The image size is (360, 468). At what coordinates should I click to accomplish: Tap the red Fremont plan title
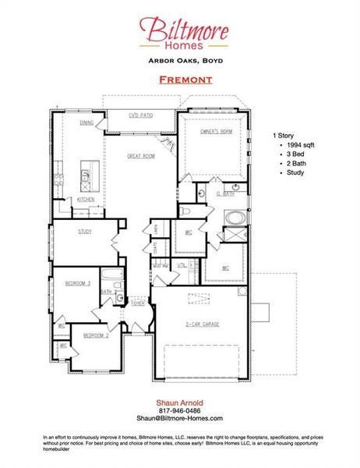click(x=180, y=80)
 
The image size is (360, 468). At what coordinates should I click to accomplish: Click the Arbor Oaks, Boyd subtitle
click(x=180, y=60)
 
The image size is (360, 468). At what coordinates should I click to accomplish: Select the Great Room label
click(x=142, y=156)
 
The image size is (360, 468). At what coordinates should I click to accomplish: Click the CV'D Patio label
click(x=140, y=115)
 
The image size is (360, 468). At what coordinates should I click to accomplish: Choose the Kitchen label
click(x=86, y=199)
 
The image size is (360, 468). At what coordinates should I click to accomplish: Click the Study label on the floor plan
click(x=85, y=232)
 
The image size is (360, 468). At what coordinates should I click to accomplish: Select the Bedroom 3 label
click(x=78, y=283)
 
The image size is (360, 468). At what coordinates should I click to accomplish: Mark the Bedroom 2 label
click(x=96, y=335)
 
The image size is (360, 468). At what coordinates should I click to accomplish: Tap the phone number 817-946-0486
click(x=179, y=410)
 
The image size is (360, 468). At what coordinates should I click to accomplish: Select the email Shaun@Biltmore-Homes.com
click(x=179, y=419)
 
